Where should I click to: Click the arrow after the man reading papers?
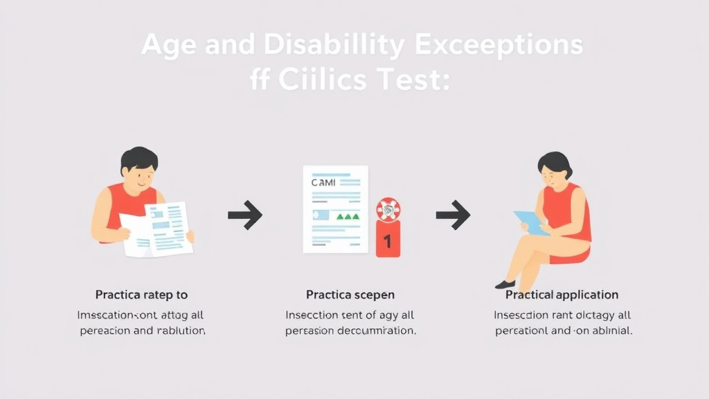[245, 215]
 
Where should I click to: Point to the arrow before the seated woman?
[453, 215]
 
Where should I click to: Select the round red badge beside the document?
[388, 209]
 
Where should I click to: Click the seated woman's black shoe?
[505, 284]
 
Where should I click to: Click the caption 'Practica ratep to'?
[141, 296]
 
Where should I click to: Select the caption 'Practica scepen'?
[350, 296]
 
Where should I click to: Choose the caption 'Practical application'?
[562, 296]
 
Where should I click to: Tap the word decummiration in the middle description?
[373, 331]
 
